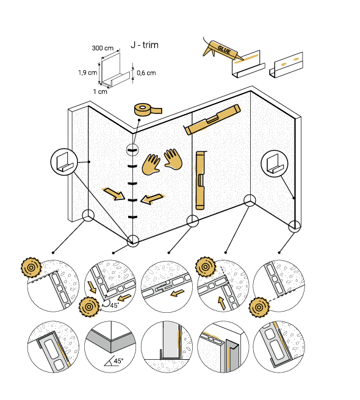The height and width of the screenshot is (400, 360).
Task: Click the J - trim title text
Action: pyautogui.click(x=145, y=45)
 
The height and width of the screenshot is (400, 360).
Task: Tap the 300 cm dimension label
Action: pyautogui.click(x=103, y=48)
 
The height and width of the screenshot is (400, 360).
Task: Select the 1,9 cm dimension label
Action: pyautogui.click(x=88, y=73)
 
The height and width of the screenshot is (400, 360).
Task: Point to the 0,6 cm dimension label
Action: pyautogui.click(x=146, y=73)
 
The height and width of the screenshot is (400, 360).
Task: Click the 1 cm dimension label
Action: pyautogui.click(x=100, y=91)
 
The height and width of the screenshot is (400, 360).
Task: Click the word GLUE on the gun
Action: pyautogui.click(x=224, y=50)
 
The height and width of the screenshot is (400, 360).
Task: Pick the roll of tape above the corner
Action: pyautogui.click(x=148, y=109)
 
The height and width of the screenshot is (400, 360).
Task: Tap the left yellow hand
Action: pyautogui.click(x=151, y=165)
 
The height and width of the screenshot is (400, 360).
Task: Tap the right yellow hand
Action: pyautogui.click(x=173, y=159)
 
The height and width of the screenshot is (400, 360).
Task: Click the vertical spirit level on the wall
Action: pyautogui.click(x=200, y=180)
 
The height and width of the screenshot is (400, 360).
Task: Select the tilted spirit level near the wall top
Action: pyautogui.click(x=212, y=120)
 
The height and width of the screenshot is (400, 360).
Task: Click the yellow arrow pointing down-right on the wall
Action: pyautogui.click(x=113, y=194)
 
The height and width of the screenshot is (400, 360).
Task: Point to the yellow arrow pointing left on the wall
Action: pyautogui.click(x=152, y=199)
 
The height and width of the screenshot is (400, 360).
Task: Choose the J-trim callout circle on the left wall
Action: pyautogui.click(x=64, y=162)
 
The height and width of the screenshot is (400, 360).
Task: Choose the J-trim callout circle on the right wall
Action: pyautogui.click(x=275, y=163)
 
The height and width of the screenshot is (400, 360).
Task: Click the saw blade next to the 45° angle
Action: pyautogui.click(x=89, y=307)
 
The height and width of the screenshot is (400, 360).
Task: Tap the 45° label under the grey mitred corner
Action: pyautogui.click(x=119, y=361)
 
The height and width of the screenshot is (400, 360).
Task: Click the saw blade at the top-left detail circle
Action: pyautogui.click(x=31, y=268)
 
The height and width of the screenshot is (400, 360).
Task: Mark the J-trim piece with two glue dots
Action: pyautogui.click(x=286, y=64)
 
